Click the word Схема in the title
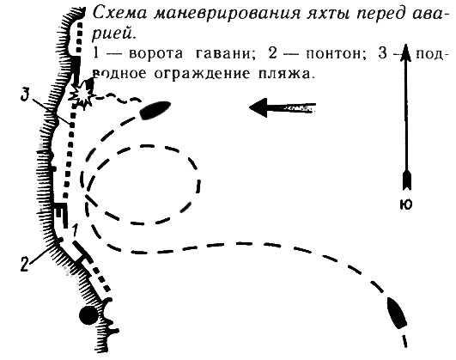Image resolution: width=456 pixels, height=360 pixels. tap(119, 13)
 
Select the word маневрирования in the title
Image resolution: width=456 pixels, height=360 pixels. tap(227, 14)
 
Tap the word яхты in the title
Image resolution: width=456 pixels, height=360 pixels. tap(330, 14)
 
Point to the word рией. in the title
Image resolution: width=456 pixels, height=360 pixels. tap(114, 34)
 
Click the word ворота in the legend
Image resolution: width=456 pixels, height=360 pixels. tap(157, 54)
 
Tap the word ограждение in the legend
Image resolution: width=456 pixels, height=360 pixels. tap(202, 74)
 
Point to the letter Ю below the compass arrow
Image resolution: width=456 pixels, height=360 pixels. tap(406, 204)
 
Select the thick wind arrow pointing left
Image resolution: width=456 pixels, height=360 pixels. tap(283, 107)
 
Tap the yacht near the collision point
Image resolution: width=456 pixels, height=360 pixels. tap(155, 110)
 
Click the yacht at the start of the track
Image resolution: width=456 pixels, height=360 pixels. tap(397, 313)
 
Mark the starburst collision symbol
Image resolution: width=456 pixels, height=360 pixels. tap(82, 95)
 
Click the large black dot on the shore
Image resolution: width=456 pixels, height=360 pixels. tap(89, 315)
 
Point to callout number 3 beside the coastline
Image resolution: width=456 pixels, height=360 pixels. tap(26, 95)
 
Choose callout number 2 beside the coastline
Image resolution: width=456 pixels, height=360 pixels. tap(24, 265)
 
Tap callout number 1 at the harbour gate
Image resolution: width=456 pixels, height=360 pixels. tap(75, 230)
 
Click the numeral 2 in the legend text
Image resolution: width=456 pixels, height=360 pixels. tap(273, 54)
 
